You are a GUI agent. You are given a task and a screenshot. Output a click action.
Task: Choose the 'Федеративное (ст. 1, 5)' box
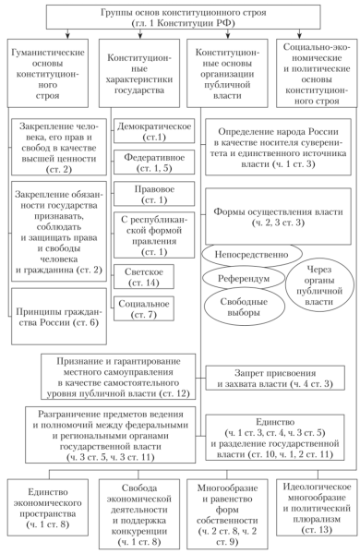(x=146, y=163)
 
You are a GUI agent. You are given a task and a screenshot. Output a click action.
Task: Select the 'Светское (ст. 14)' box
(x=146, y=279)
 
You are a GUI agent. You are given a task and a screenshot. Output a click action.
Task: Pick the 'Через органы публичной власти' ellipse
(x=318, y=282)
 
